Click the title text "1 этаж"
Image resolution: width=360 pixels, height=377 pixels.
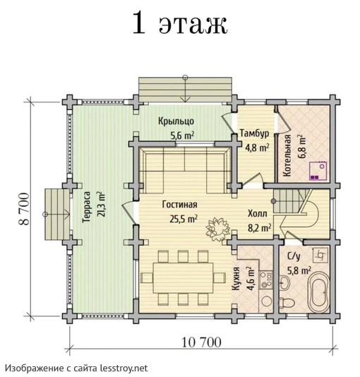tap(179, 23)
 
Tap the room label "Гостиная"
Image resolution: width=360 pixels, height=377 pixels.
tap(179, 205)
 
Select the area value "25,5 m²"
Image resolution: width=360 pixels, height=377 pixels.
tap(181, 218)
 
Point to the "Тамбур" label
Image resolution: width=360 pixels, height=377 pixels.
tap(253, 133)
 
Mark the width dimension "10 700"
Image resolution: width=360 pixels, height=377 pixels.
tap(201, 343)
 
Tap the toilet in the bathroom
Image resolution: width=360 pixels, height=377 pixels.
tap(287, 302)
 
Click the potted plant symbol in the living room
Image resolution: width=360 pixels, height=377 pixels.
tap(213, 229)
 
